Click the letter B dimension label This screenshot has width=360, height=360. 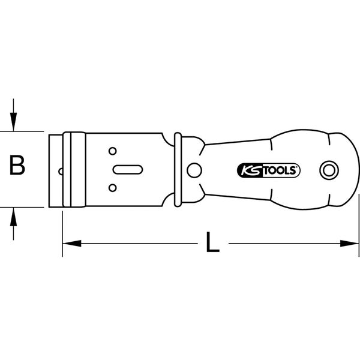click(19, 166)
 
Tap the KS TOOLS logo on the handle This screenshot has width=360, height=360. click(266, 170)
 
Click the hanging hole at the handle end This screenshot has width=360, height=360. click(328, 170)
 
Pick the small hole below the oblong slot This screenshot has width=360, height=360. click(112, 188)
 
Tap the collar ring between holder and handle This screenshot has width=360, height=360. click(178, 169)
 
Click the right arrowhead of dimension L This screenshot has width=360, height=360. click(351, 244)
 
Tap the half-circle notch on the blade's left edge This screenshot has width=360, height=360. click(61, 170)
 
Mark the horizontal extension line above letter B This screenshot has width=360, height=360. click(24, 131)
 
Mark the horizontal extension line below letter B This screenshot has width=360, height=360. click(24, 208)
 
